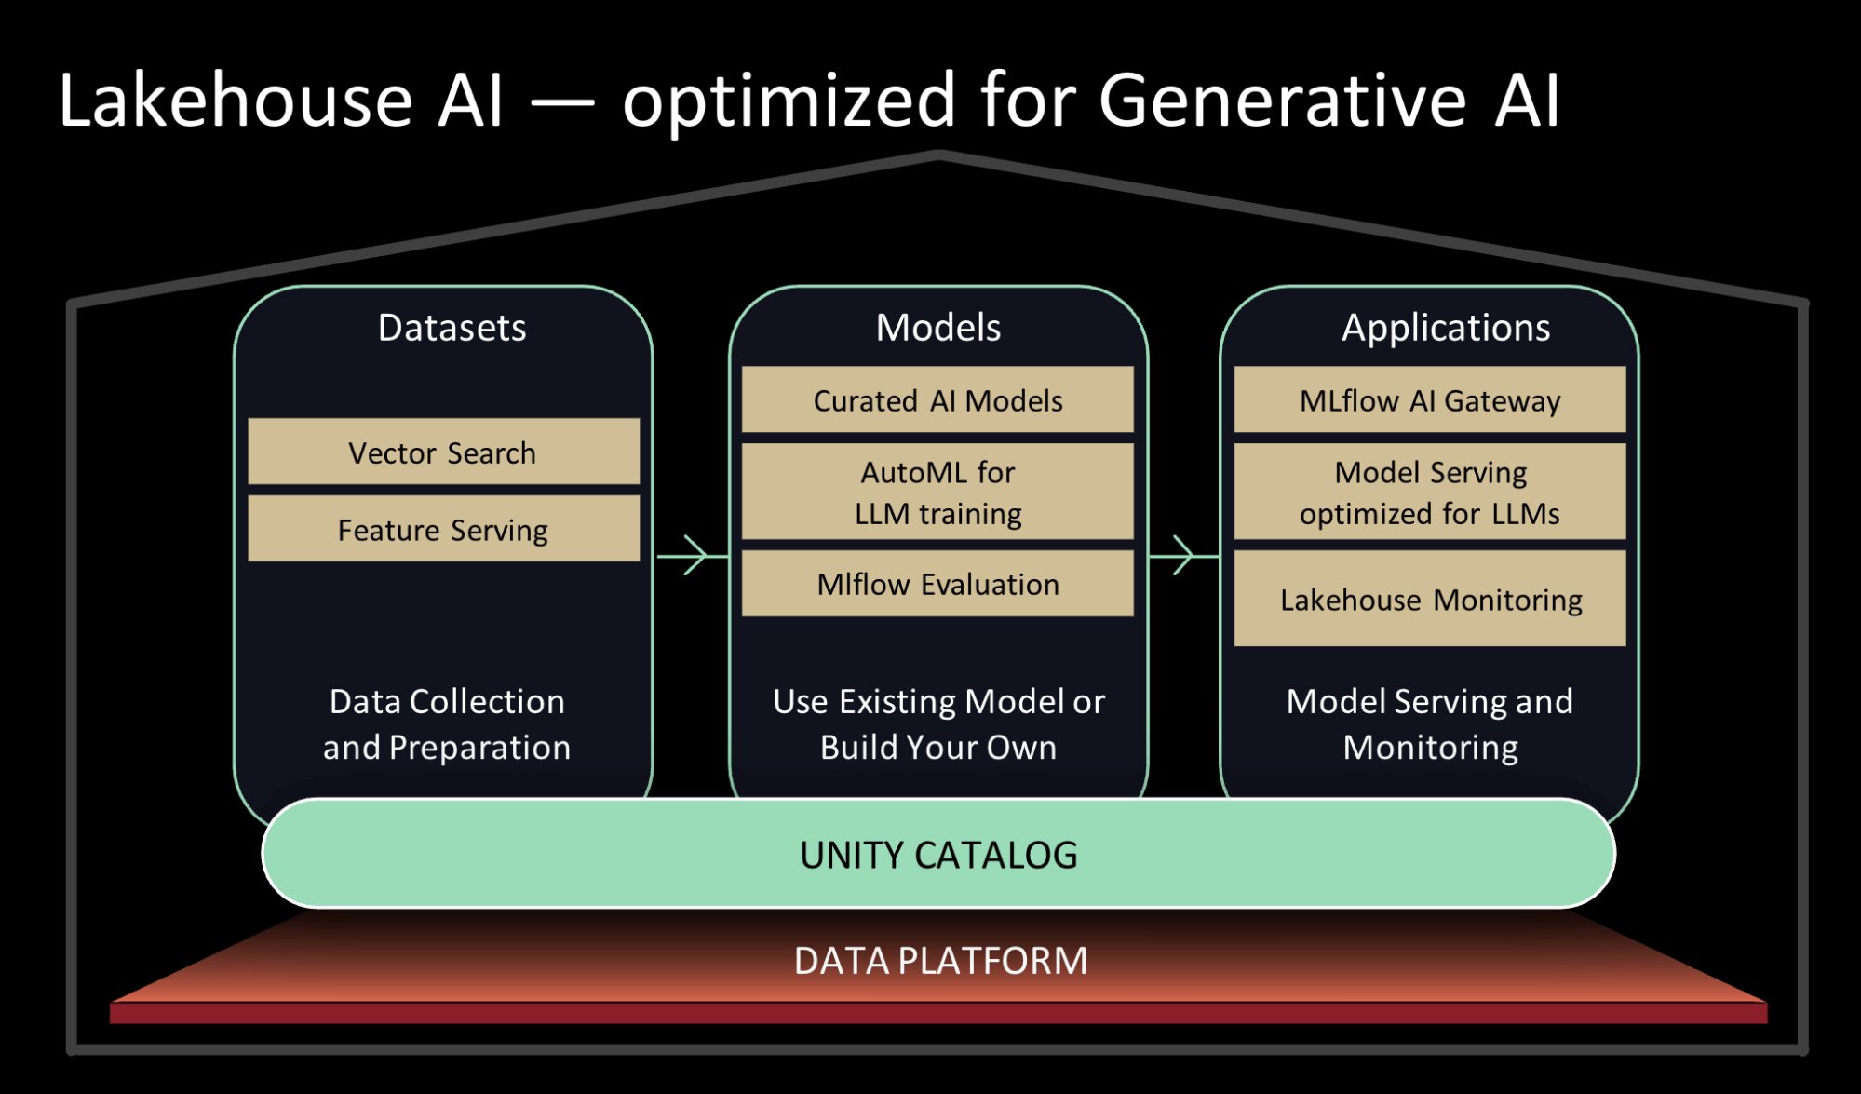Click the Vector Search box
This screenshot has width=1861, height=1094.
[443, 452]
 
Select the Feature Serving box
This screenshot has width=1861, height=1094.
[443, 530]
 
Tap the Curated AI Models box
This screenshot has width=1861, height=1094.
[937, 400]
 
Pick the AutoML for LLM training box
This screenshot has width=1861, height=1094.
[937, 493]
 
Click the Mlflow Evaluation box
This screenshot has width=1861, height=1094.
[937, 584]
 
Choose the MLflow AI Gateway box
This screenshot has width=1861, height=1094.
[1429, 400]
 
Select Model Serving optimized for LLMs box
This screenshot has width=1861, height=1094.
[1429, 493]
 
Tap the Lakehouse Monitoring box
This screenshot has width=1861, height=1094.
[1429, 600]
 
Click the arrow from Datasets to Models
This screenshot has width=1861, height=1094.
[691, 556]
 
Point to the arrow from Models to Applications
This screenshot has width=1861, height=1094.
[1182, 556]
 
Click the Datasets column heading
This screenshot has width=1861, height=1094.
[452, 328]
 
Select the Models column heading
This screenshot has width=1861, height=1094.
[937, 328]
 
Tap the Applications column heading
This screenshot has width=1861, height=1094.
[1445, 328]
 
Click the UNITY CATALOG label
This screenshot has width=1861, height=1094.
[937, 855]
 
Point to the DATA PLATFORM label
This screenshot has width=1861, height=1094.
[939, 961]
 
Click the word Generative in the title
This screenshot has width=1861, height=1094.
[1282, 101]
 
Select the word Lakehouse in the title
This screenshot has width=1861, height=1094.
[235, 101]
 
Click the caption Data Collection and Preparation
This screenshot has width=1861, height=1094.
[447, 724]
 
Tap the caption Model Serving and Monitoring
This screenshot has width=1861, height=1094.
[1429, 724]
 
